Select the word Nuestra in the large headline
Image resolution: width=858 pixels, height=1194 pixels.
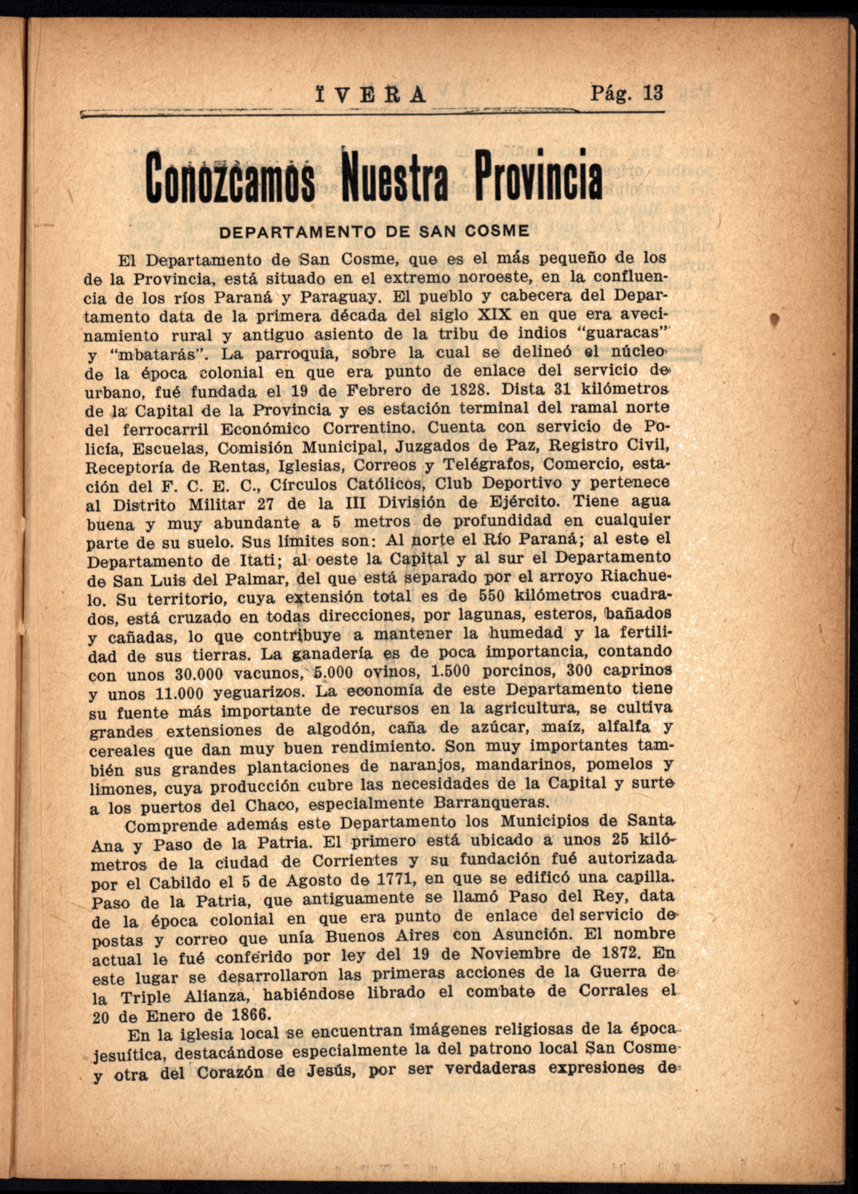(x=395, y=177)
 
